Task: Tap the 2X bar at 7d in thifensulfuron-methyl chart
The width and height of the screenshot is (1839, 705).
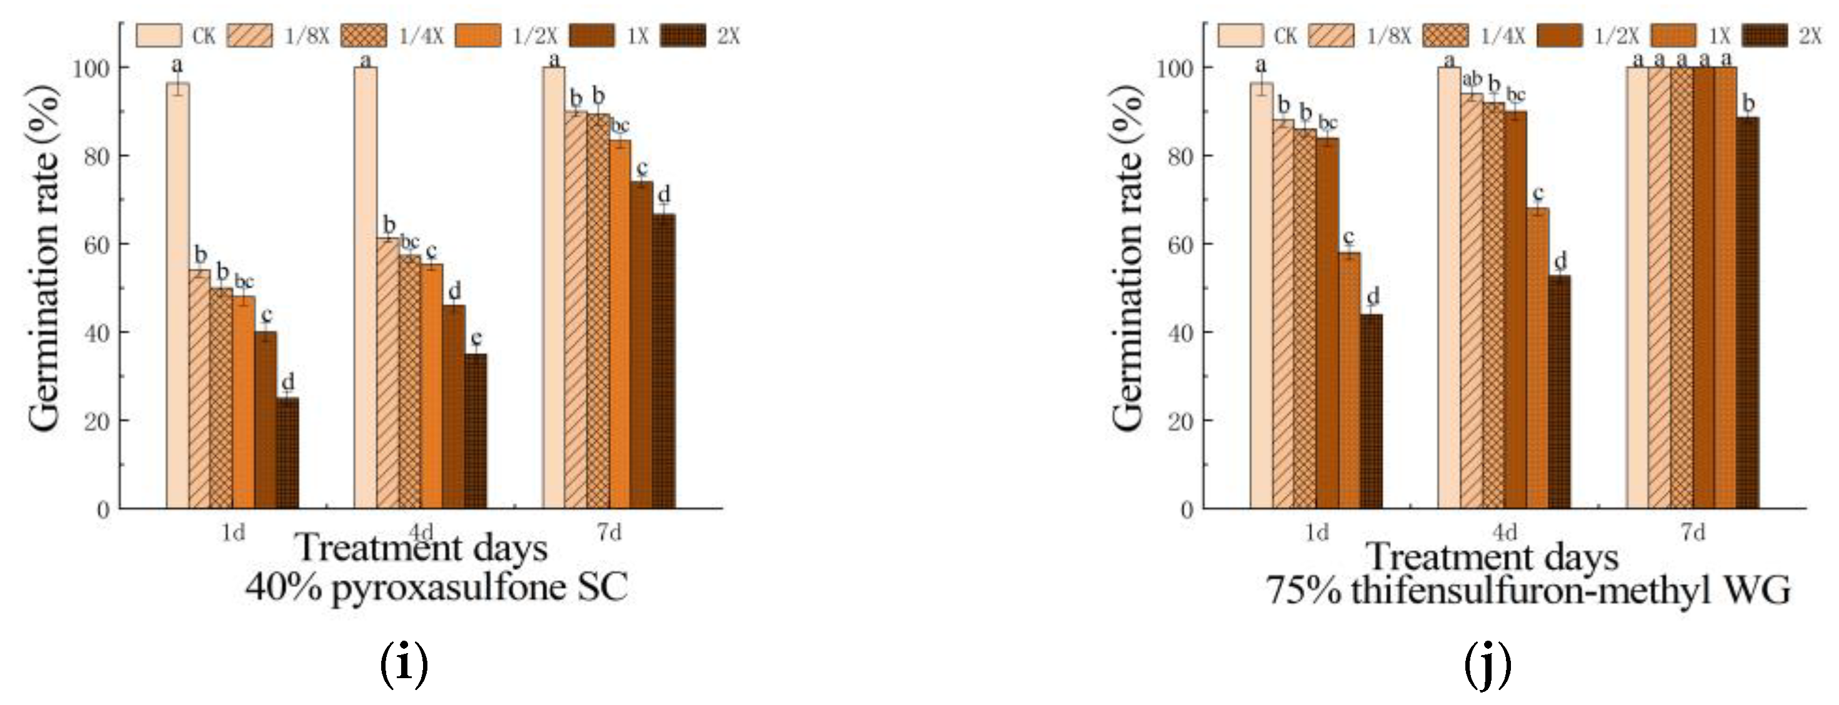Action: pos(1748,314)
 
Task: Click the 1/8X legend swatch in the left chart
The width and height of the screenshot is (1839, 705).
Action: pos(250,36)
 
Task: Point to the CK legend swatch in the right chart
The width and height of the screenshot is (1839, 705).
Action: pos(1240,36)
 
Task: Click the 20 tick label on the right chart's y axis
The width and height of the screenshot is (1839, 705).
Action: pos(1181,422)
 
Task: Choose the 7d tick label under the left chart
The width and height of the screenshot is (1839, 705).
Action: pos(609,532)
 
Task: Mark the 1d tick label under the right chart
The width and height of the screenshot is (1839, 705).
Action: pos(1317,532)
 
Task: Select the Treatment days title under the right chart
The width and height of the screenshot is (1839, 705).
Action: pos(1492,557)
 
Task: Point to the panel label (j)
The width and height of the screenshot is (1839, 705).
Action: pos(1487,664)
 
